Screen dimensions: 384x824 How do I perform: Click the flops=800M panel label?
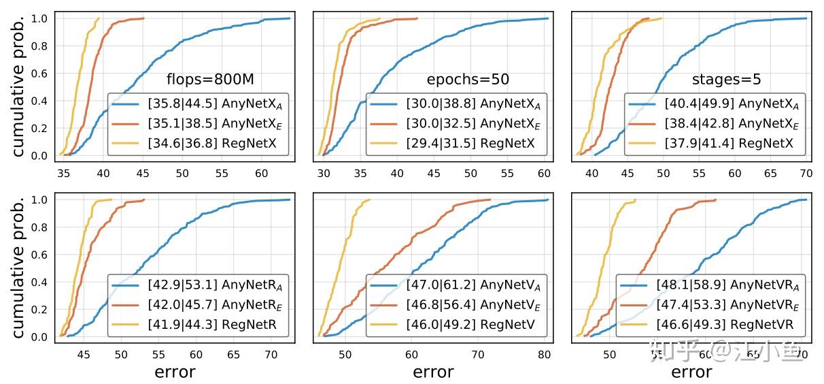(x=210, y=79)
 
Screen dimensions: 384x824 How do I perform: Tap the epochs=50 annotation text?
(x=468, y=79)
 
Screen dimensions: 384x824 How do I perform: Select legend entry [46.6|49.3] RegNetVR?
(x=714, y=325)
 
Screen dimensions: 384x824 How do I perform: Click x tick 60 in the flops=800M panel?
(x=261, y=173)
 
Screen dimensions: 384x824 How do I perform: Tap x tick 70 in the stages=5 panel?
(x=806, y=173)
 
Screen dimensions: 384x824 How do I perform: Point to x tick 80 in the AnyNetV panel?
(x=544, y=355)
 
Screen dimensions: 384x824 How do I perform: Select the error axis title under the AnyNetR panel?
(x=175, y=372)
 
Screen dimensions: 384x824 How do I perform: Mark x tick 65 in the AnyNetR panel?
(x=233, y=355)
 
